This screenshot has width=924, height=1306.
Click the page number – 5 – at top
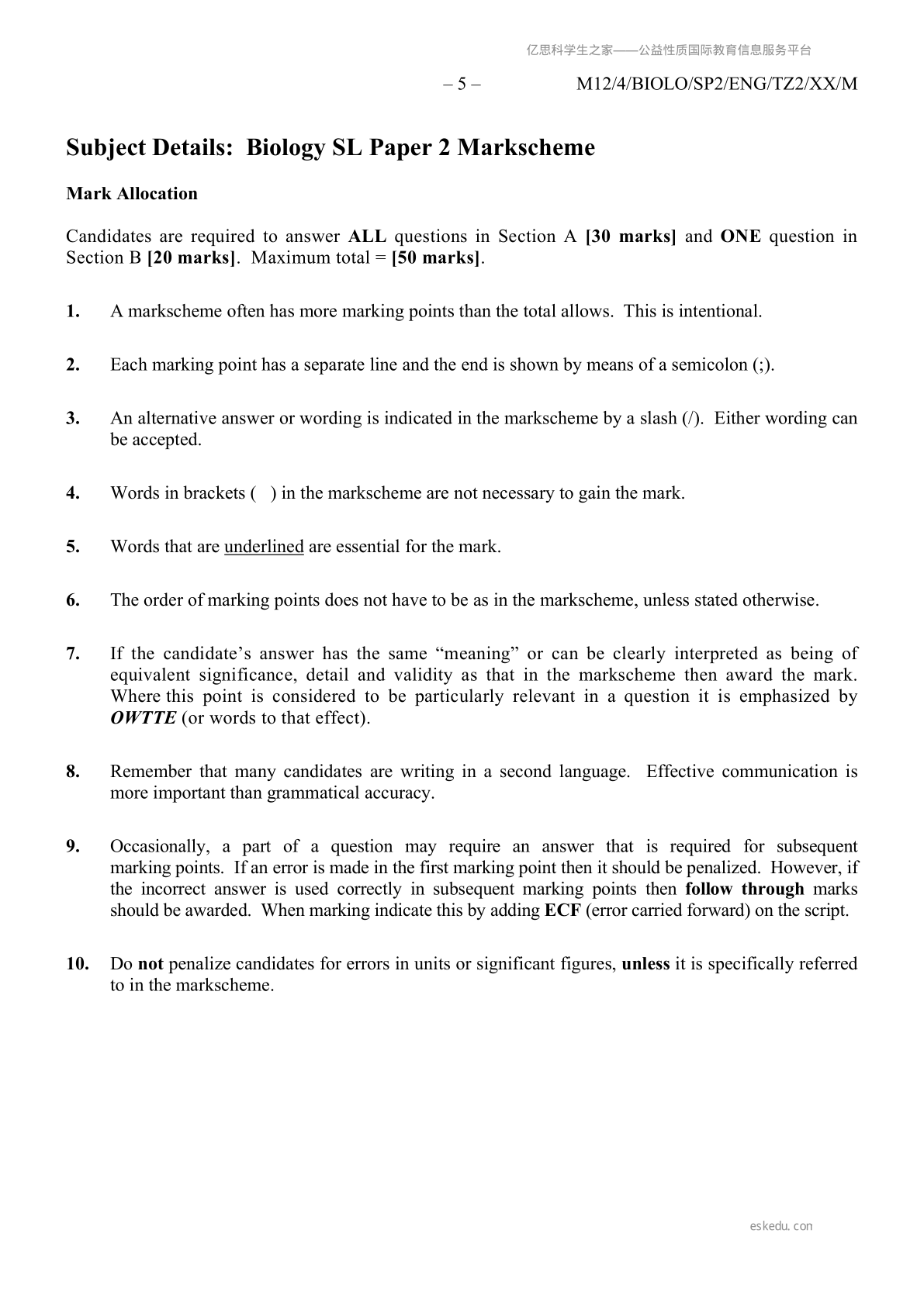pyautogui.click(x=462, y=85)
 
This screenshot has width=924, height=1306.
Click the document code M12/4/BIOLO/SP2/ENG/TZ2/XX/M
pyautogui.click(x=717, y=85)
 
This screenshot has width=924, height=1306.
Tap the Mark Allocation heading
pyautogui.click(x=132, y=194)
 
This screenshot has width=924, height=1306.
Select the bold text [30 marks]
pyautogui.click(x=631, y=237)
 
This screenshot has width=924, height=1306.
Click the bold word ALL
pyautogui.click(x=367, y=237)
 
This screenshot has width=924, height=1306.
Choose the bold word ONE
pyautogui.click(x=740, y=237)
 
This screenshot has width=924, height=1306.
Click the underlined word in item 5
pyautogui.click(x=264, y=547)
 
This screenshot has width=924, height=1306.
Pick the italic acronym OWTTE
pyautogui.click(x=143, y=718)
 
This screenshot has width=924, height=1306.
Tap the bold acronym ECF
pyautogui.click(x=562, y=910)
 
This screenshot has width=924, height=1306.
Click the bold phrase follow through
pyautogui.click(x=745, y=890)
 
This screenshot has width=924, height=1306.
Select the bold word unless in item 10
pyautogui.click(x=645, y=964)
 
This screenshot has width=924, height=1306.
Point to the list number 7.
pyautogui.click(x=74, y=654)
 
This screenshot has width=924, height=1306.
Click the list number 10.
pyautogui.click(x=78, y=964)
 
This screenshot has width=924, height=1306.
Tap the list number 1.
pyautogui.click(x=74, y=312)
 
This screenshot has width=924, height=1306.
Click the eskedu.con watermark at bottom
pyautogui.click(x=781, y=1226)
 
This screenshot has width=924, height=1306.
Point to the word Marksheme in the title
pyautogui.click(x=526, y=147)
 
